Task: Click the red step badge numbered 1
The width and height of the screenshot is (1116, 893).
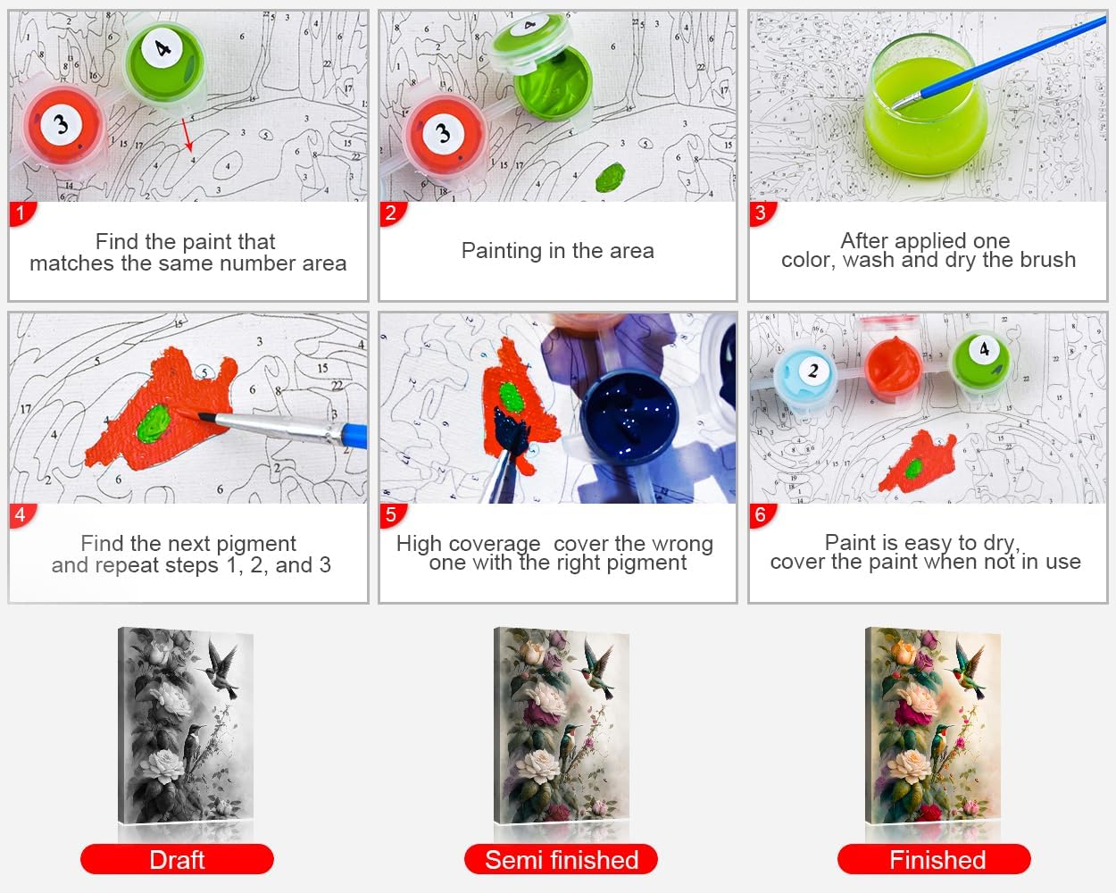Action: [x=21, y=213]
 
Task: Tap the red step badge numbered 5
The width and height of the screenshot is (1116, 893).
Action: [x=392, y=515]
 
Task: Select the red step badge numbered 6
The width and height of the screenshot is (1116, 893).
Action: [x=762, y=515]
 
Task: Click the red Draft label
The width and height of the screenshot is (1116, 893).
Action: [x=177, y=859]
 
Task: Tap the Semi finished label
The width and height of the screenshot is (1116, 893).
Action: [x=561, y=859]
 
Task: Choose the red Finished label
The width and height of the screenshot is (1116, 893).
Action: [x=934, y=859]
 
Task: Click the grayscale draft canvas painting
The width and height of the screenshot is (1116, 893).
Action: [x=186, y=725]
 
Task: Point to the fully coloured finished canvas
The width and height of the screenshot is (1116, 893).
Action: [x=933, y=725]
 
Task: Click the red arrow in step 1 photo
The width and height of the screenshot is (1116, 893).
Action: [x=187, y=135]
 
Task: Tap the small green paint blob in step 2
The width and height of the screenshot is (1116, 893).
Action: [x=611, y=178]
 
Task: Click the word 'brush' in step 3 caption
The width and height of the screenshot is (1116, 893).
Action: [x=1047, y=260]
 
